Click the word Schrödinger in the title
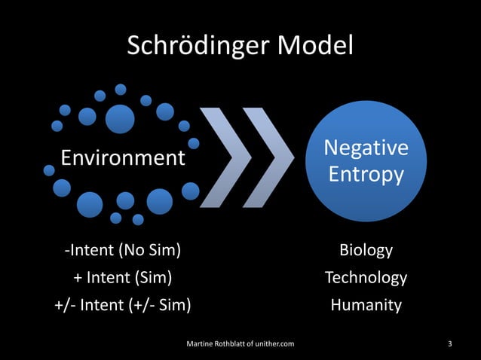(x=198, y=47)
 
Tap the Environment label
(x=123, y=158)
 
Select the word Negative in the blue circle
(x=366, y=148)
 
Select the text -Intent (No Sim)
(x=122, y=250)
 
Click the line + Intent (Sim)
(x=122, y=278)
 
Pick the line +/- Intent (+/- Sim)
(x=122, y=305)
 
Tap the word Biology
(x=366, y=250)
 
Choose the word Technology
(x=366, y=278)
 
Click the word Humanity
(x=366, y=305)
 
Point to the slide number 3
(x=450, y=344)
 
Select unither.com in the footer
(x=272, y=344)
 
